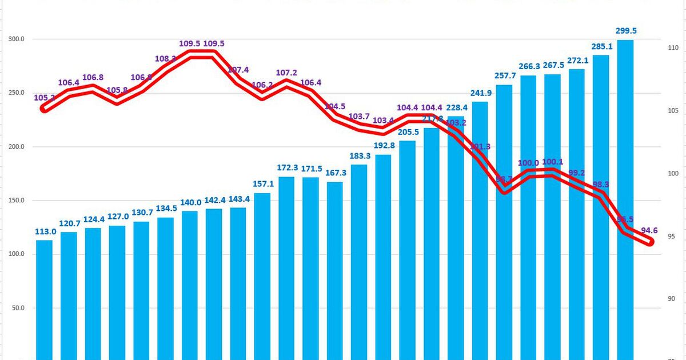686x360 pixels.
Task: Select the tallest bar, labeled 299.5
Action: pyautogui.click(x=625, y=200)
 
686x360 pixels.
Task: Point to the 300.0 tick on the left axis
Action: pyautogui.click(x=15, y=39)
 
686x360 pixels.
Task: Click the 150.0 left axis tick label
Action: pyautogui.click(x=15, y=201)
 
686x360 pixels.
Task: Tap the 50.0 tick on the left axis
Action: pyautogui.click(x=17, y=308)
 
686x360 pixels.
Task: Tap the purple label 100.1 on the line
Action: pyautogui.click(x=553, y=162)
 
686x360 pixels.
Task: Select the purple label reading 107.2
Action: pyautogui.click(x=286, y=73)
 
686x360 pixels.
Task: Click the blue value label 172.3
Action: pyautogui.click(x=286, y=167)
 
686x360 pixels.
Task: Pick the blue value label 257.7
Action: pyautogui.click(x=504, y=76)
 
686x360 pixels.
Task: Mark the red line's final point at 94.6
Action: pyautogui.click(x=649, y=242)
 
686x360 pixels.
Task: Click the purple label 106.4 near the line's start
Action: pyautogui.click(x=69, y=83)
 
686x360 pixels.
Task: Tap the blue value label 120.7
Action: pyautogui.click(x=69, y=223)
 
